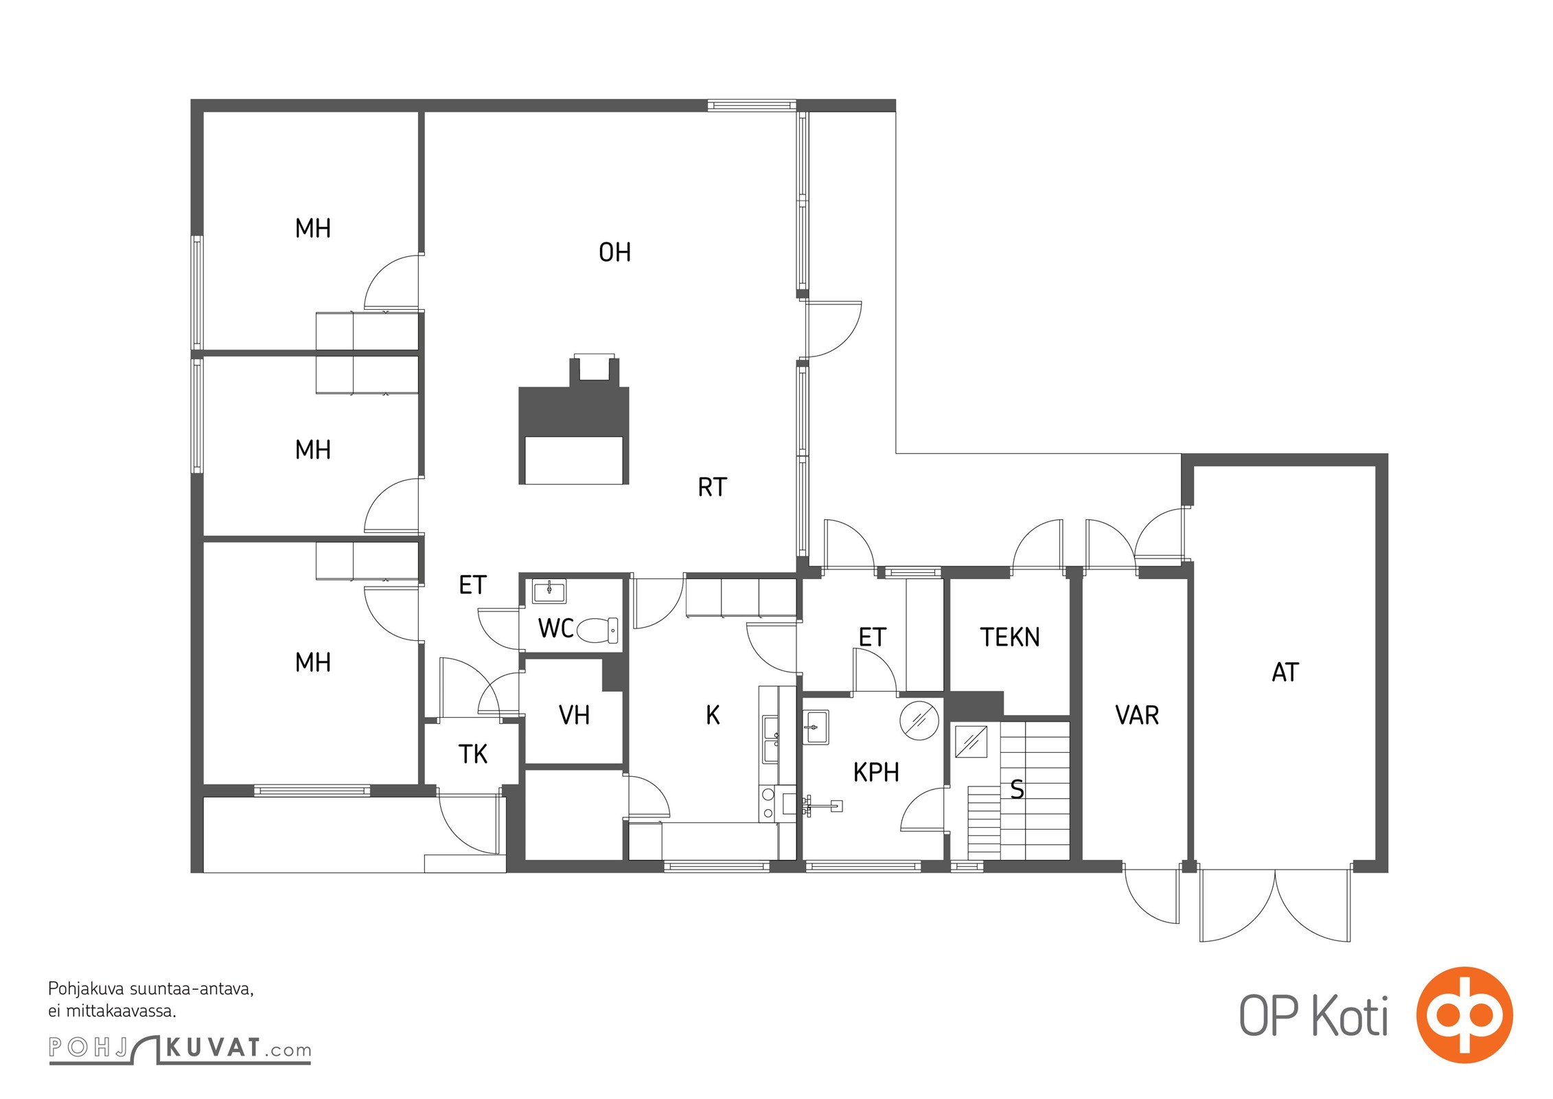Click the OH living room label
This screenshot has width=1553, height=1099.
tap(614, 253)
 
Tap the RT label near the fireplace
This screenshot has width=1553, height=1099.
tap(712, 487)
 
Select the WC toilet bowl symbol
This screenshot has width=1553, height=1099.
tap(597, 630)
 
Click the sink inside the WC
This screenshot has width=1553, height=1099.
tap(549, 591)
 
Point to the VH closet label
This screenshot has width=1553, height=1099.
tap(574, 715)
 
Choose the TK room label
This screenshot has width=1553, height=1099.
tap(472, 754)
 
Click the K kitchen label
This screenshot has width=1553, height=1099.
tap(713, 715)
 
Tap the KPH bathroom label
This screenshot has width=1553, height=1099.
tap(876, 772)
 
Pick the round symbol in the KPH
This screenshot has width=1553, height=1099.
tap(919, 720)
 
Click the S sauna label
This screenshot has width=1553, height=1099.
tap(1017, 790)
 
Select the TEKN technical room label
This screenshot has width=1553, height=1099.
tap(1009, 637)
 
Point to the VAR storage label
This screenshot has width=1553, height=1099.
tap(1137, 715)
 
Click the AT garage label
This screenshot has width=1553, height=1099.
tap(1285, 672)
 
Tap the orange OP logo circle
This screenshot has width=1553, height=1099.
tap(1464, 1015)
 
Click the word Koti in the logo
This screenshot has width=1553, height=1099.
tap(1350, 1016)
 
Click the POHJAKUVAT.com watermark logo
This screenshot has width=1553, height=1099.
tap(180, 1049)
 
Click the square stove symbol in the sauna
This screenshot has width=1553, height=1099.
tap(971, 741)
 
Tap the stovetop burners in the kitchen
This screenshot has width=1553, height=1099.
tap(768, 804)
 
